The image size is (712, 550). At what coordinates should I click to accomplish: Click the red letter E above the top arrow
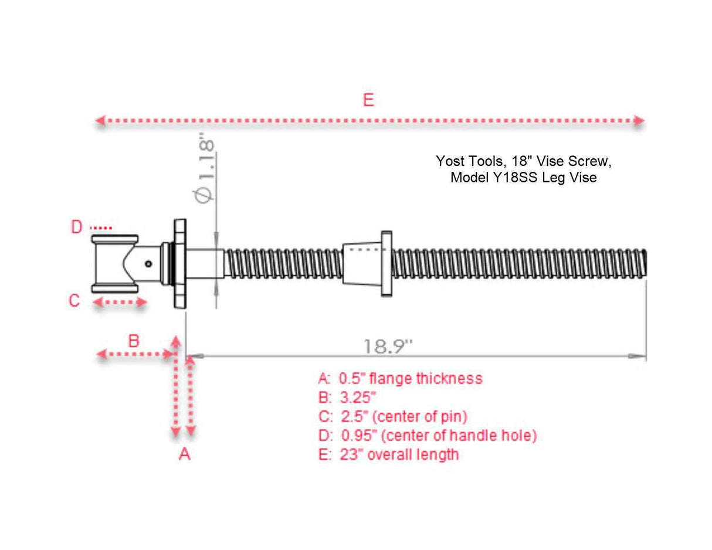point(368,100)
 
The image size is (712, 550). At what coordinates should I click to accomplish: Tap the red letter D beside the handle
point(77,228)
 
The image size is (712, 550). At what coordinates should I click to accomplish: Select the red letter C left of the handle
point(74,301)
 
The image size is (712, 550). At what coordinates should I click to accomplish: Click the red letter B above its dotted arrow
point(134,340)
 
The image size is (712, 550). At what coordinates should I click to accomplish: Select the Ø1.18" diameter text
point(206,170)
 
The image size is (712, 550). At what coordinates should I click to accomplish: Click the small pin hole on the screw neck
point(149,264)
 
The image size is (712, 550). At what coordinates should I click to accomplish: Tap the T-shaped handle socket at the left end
point(114,264)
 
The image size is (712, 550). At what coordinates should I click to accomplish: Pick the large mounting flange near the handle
point(179,263)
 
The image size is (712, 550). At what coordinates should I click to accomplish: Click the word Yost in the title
point(449,161)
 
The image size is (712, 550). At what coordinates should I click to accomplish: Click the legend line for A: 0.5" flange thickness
point(401,378)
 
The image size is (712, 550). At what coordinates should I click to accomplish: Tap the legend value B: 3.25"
point(347,398)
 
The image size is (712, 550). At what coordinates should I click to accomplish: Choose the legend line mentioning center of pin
point(393,416)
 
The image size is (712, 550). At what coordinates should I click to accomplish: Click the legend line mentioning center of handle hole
point(428,436)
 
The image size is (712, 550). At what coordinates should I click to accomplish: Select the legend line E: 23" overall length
point(389,454)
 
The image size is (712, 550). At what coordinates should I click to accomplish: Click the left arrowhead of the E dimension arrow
point(100,121)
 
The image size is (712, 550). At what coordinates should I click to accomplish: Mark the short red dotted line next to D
point(101,228)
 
